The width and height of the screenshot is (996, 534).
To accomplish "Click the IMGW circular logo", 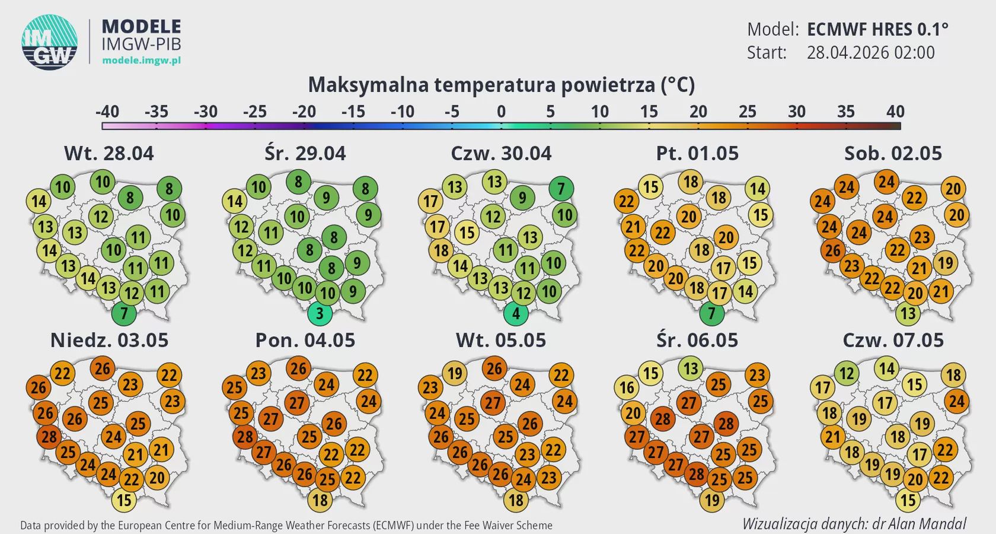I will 50,42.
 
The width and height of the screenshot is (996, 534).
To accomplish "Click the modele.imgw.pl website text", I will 141,61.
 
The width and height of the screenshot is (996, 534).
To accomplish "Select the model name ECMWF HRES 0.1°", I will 877,29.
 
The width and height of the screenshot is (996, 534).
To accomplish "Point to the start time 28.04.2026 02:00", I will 870,53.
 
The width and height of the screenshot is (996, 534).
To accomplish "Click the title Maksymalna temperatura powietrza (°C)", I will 501,85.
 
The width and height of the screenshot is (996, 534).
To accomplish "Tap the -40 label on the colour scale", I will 107,112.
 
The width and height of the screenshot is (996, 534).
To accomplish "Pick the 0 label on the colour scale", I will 501,112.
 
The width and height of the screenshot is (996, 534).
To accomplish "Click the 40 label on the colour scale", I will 895,112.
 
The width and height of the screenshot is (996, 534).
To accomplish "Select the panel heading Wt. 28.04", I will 109,153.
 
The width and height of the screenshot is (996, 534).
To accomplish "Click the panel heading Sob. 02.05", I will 893,153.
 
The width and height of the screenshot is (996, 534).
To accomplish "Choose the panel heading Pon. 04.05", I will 305,340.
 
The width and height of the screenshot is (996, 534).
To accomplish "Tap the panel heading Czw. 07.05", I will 893,340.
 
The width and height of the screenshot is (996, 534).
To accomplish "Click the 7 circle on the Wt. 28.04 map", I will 124,313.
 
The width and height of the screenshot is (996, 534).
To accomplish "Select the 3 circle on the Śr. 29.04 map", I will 320,313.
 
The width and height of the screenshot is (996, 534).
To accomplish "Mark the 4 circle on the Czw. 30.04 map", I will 516,313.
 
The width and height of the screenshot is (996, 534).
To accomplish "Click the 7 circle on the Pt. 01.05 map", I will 711,313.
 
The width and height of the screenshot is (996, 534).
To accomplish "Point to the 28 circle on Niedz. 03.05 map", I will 49,437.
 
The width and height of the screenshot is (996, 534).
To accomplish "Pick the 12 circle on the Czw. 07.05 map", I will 847,374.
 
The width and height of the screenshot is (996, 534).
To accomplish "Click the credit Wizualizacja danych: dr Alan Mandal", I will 854,524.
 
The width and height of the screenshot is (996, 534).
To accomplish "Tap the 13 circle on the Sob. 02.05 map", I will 908,313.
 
